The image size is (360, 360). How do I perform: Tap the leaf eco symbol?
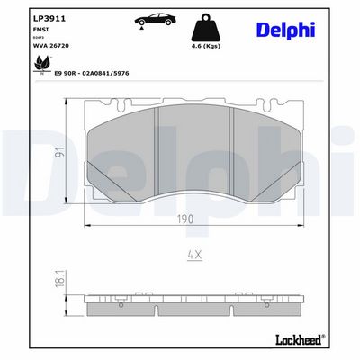[40, 64]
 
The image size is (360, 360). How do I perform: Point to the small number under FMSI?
[36, 35]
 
